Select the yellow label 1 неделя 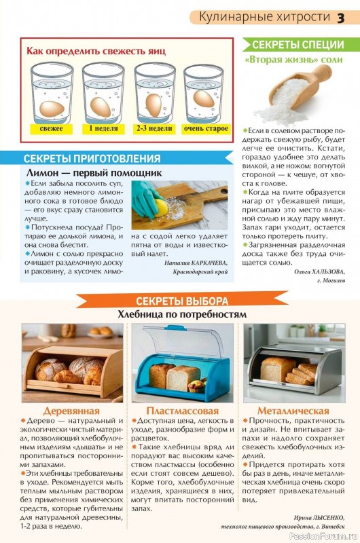coord(103,128)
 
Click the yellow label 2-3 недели coord(154,128)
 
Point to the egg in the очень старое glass coord(203,98)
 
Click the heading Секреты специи coord(297,45)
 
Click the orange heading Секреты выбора coord(181,301)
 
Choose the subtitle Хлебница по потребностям coord(181,314)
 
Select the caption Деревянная coord(71,411)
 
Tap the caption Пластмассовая coord(182,411)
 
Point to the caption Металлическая coord(293,411)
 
